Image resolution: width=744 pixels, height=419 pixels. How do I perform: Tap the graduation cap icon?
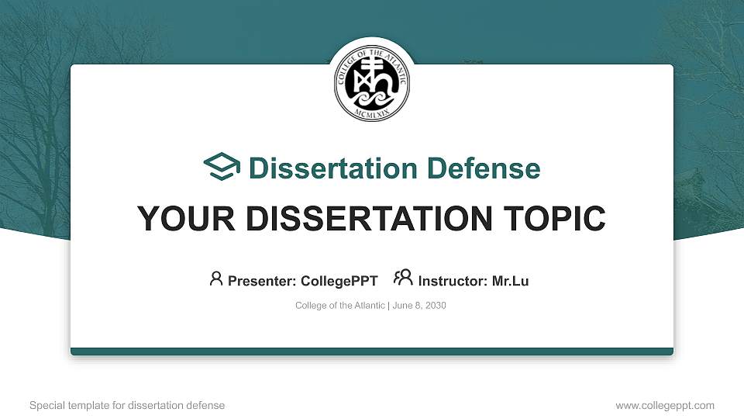click(x=222, y=168)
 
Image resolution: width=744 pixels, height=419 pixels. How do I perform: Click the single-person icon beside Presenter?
click(x=216, y=279)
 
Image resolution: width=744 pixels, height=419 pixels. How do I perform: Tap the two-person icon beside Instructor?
click(x=403, y=278)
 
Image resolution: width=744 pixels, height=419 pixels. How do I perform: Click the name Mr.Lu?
click(x=510, y=281)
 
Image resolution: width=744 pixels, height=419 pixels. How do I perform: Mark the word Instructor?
click(x=452, y=281)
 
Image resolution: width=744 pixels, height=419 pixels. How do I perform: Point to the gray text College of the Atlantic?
click(x=339, y=306)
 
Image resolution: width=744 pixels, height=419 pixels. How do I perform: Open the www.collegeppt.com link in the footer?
click(x=665, y=405)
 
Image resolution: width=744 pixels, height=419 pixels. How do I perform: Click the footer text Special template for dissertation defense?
click(x=127, y=405)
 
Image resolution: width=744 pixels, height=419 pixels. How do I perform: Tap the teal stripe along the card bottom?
click(x=372, y=351)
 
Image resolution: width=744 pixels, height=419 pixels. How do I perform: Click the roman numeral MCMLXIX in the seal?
click(x=372, y=113)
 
